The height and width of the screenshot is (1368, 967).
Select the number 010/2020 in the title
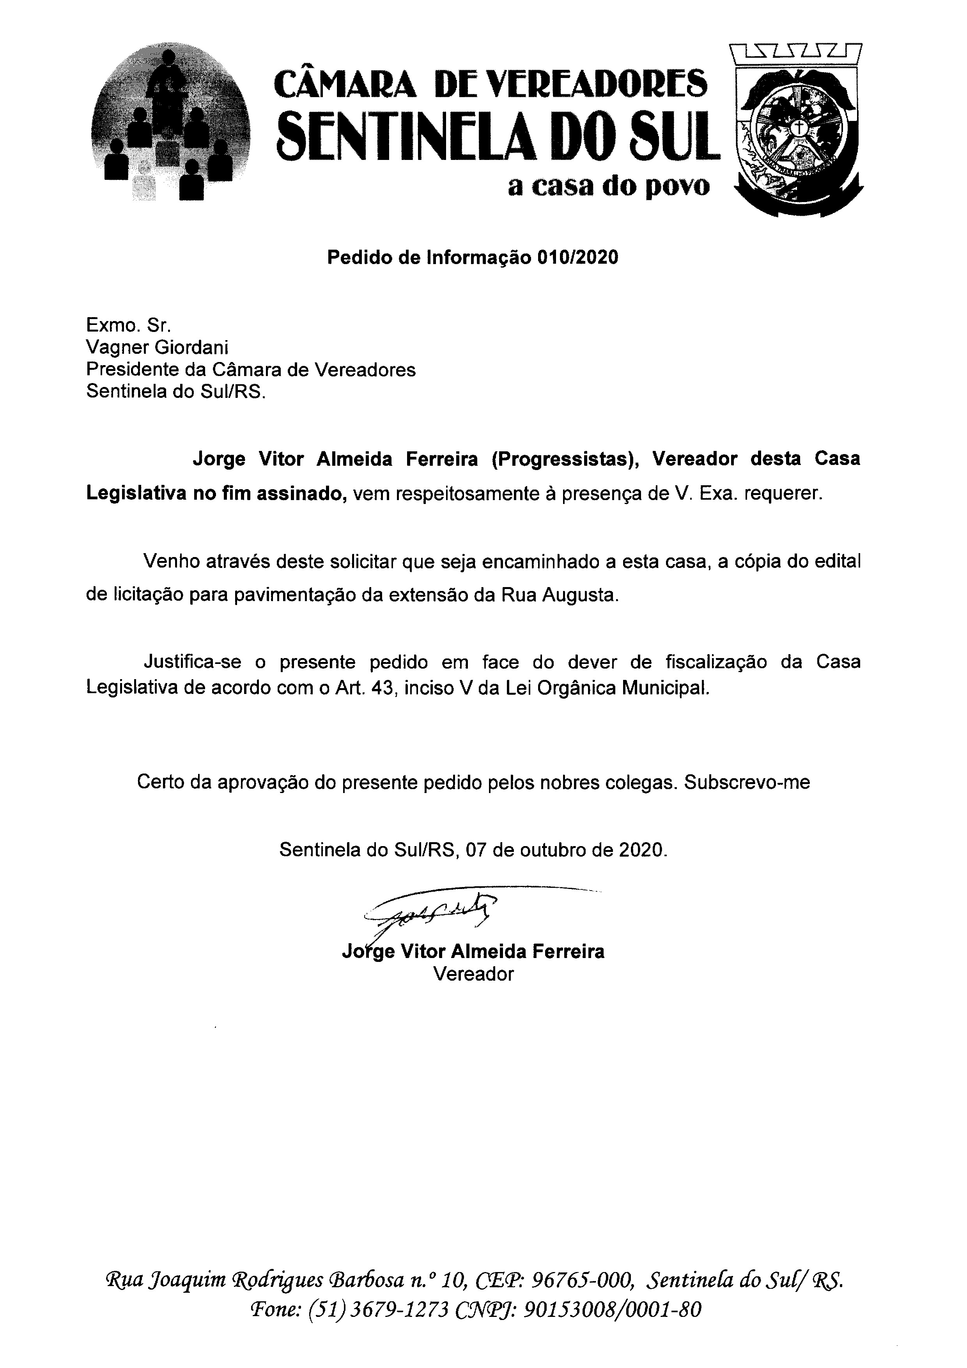coord(577,257)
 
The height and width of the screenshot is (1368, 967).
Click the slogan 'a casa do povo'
coord(609,187)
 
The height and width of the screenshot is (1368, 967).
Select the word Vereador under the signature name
coord(473,974)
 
